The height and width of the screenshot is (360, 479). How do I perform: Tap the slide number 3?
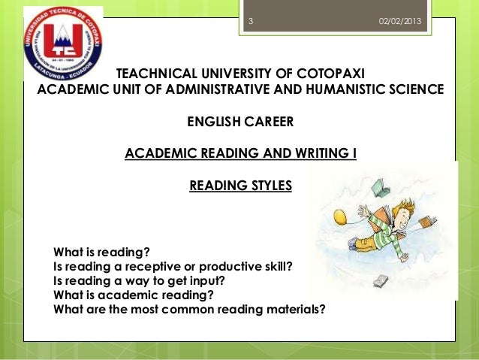point(251,21)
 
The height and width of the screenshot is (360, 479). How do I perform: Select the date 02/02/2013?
point(400,21)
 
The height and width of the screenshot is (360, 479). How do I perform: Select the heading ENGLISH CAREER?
point(239,122)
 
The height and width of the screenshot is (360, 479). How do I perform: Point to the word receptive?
point(167,266)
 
